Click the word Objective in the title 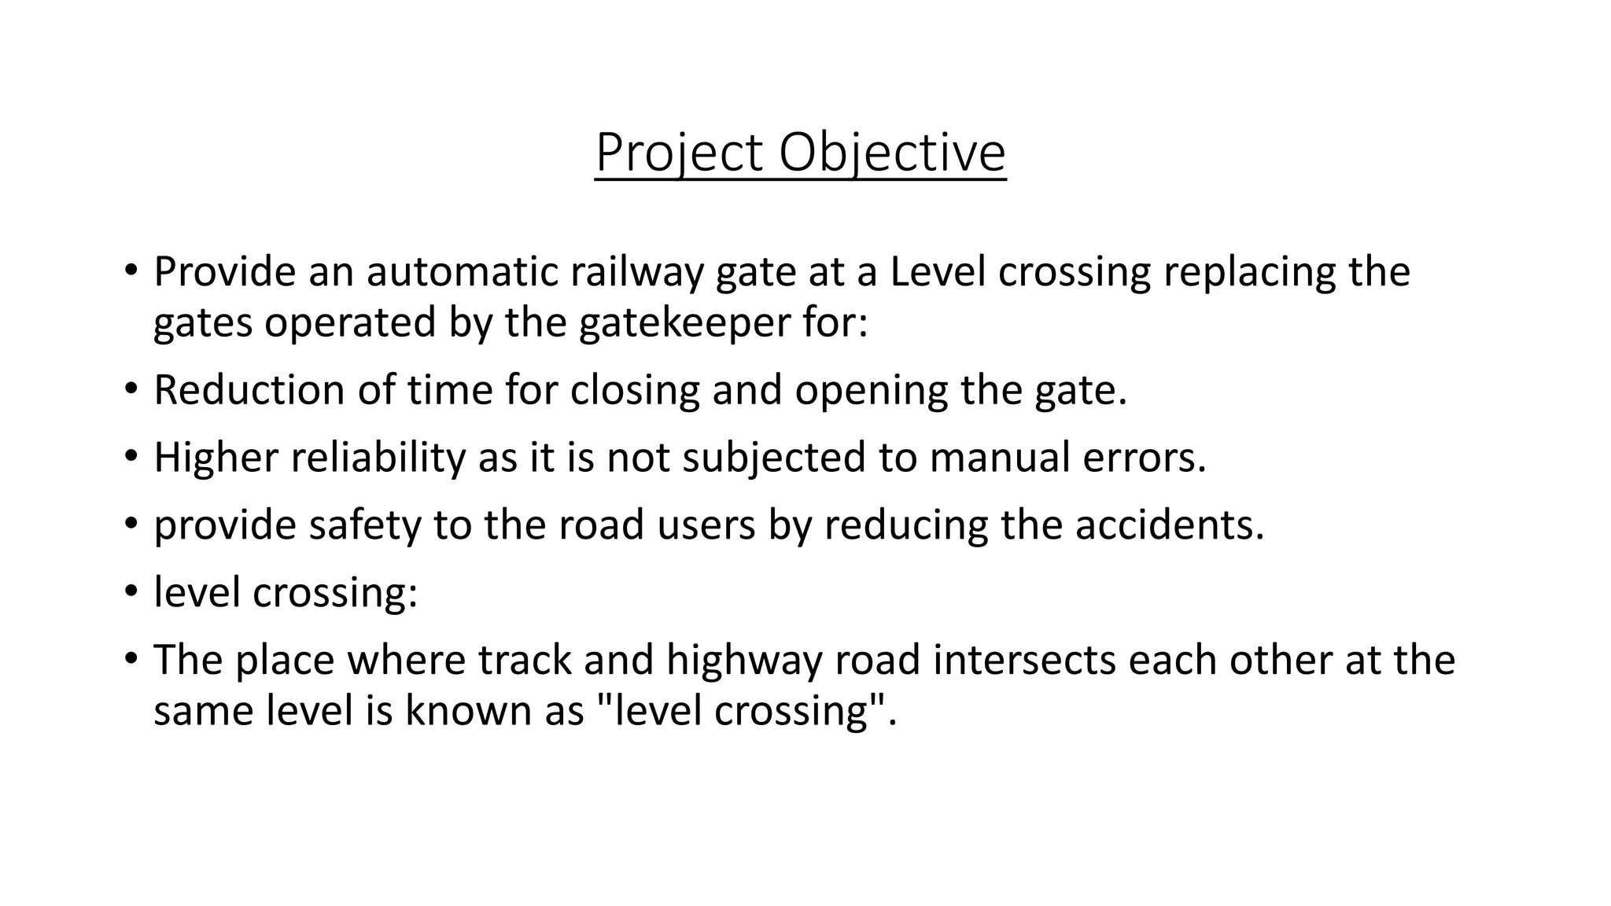coord(892,153)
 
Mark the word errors coord(1144,458)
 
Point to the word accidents coord(1170,525)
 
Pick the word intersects coord(1025,660)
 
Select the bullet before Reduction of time coord(131,389)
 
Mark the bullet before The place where coord(131,658)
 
